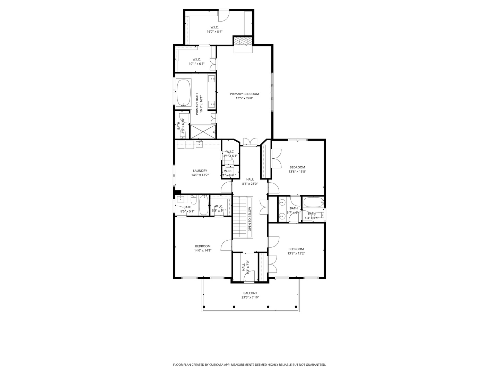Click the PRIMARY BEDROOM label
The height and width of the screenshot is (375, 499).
244,94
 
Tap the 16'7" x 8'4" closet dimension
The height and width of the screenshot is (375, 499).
215,32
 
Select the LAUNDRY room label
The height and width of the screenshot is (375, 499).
200,171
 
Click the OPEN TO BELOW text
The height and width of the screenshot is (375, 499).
249,219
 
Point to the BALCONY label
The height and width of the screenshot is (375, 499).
250,293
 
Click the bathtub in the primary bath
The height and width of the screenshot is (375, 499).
184,93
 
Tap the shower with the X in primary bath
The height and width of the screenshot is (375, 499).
203,132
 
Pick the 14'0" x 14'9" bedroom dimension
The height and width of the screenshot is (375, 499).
203,250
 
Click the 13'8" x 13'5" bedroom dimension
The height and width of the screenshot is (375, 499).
297,172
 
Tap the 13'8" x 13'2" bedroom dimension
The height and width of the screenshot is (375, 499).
296,253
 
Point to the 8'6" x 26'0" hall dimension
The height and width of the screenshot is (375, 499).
250,184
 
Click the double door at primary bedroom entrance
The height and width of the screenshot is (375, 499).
250,142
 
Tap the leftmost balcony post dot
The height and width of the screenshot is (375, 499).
204,307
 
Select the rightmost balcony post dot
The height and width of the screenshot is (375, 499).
296,307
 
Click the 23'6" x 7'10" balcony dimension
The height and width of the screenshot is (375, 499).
250,298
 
